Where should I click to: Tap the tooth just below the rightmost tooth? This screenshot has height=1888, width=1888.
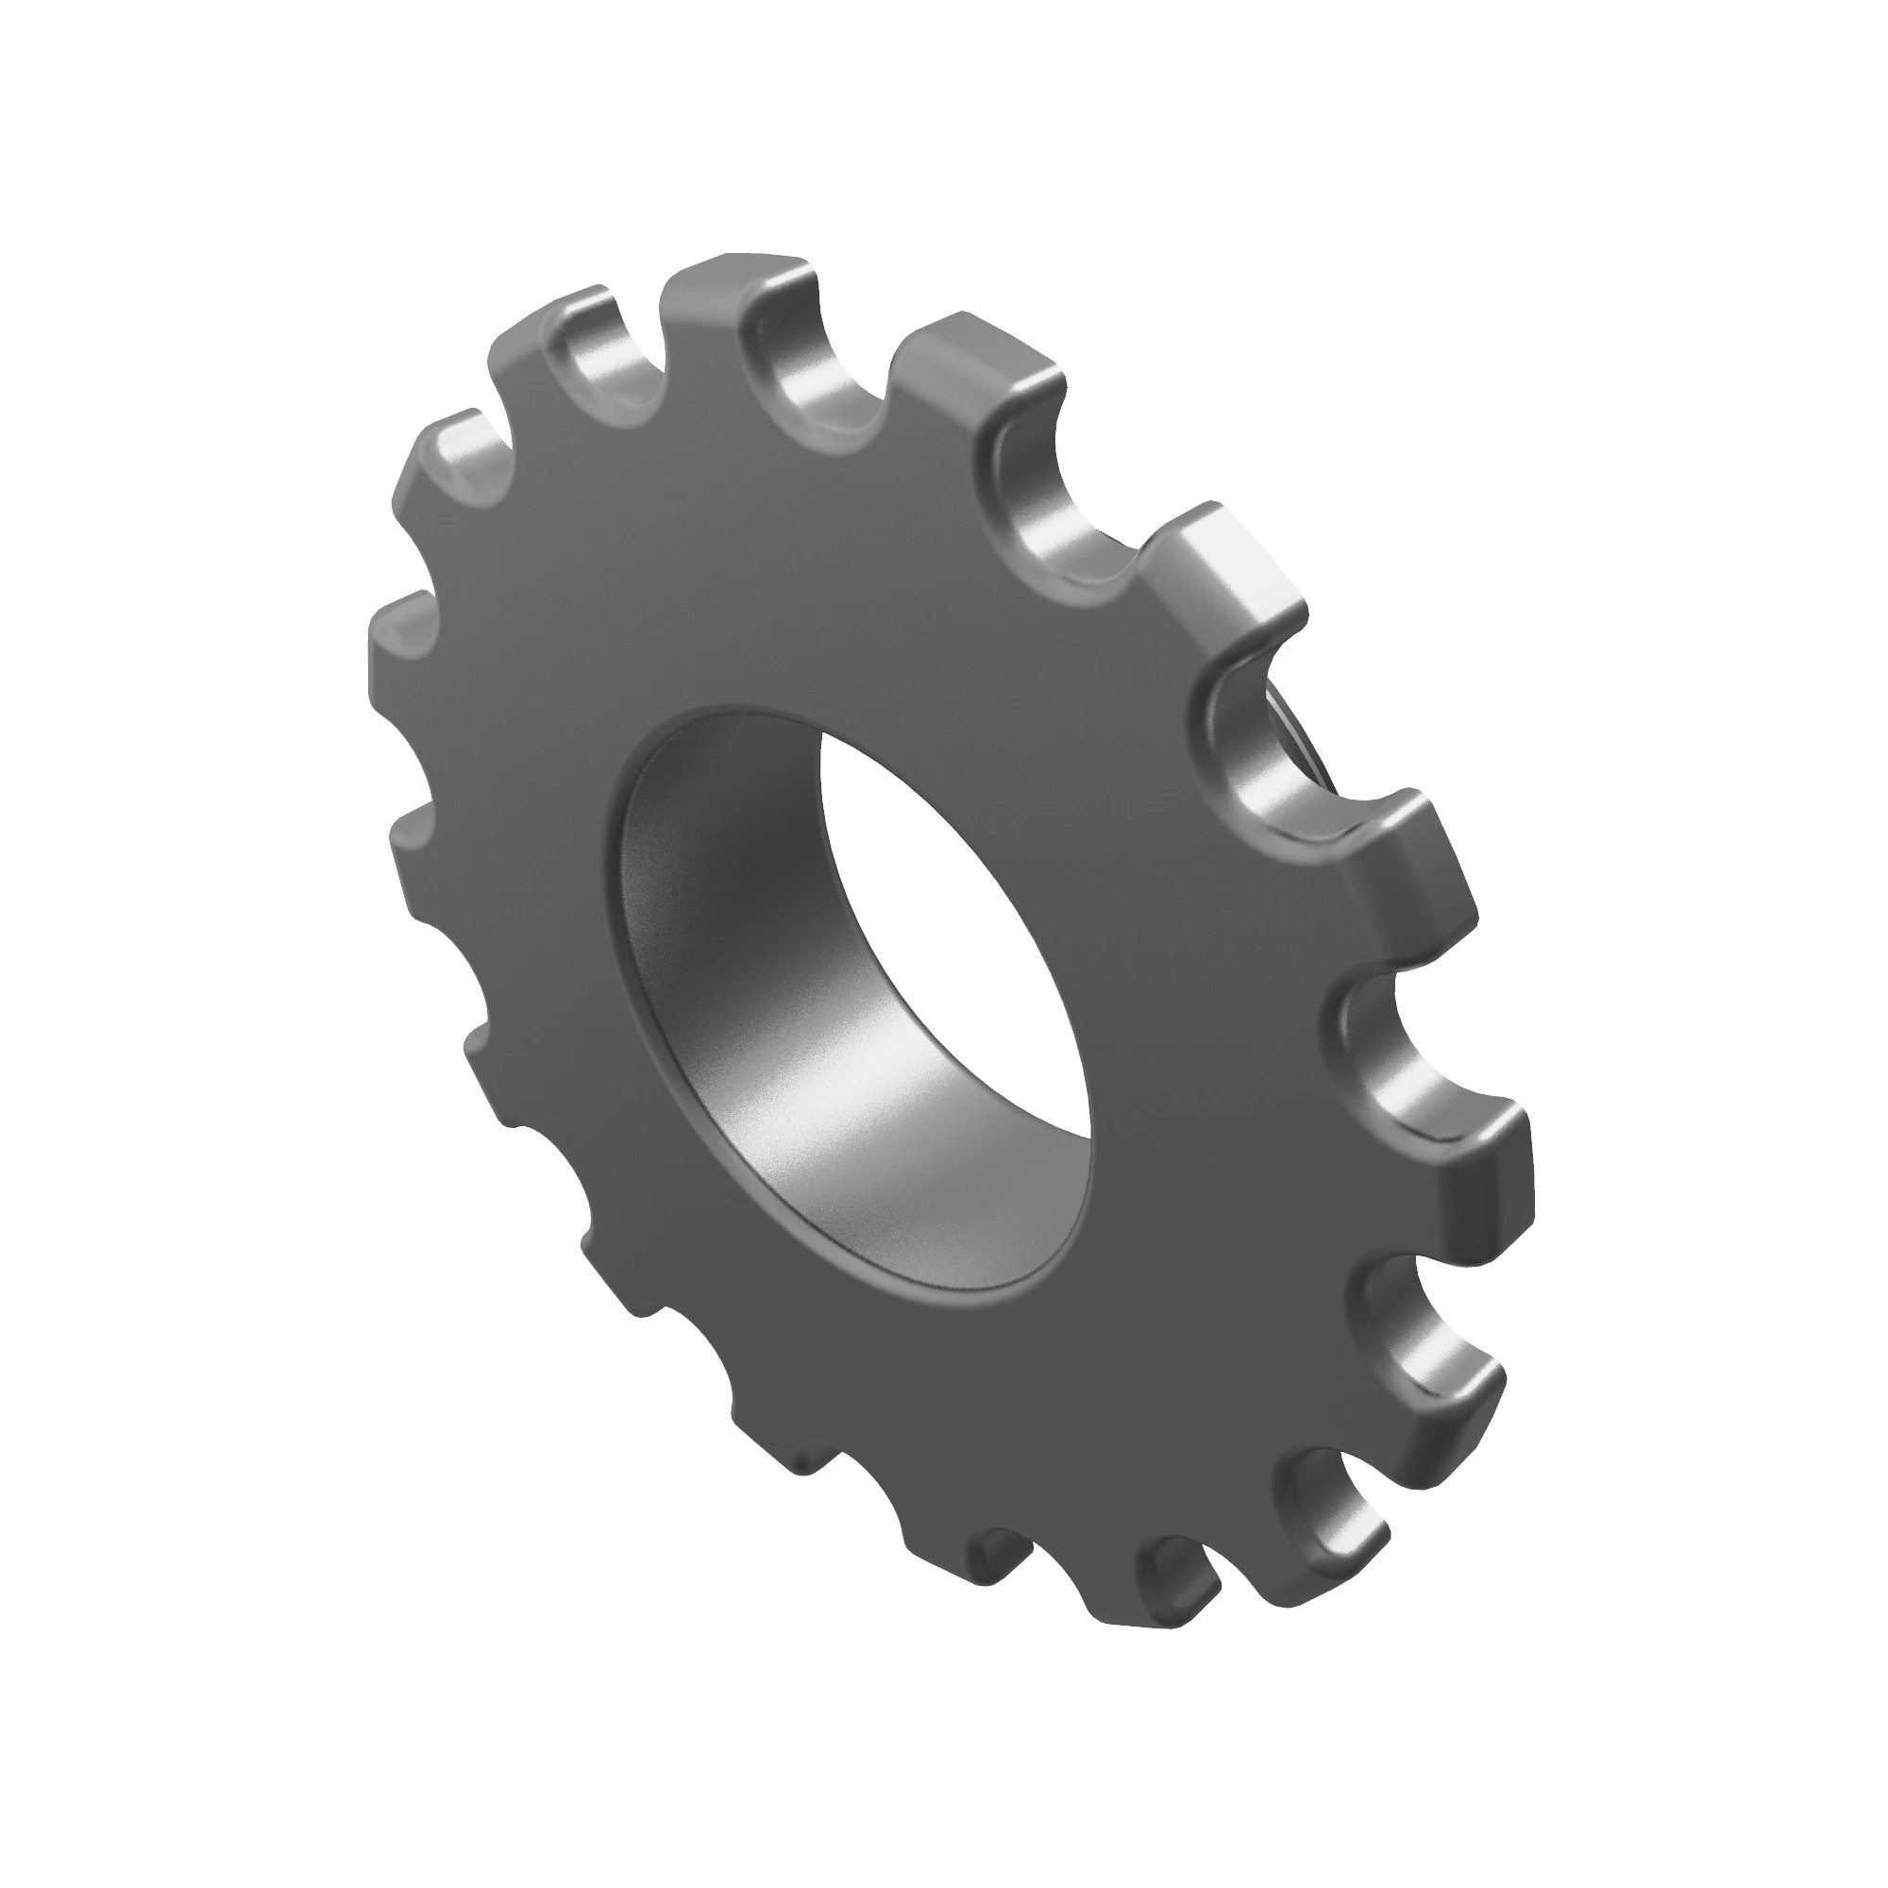pyautogui.click(x=1437, y=1408)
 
